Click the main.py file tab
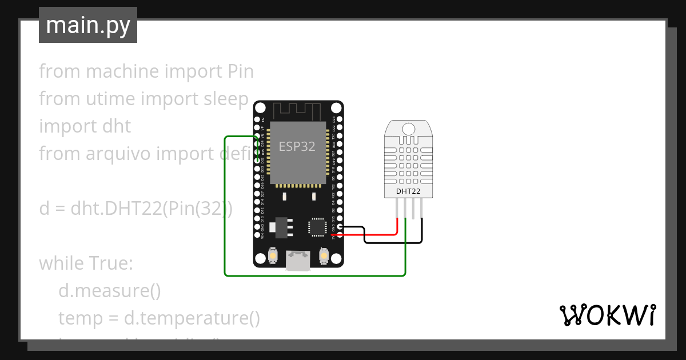87,25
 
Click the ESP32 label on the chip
297,146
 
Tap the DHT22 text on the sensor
408,191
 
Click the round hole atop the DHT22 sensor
408,128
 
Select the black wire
394,242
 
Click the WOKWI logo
607,315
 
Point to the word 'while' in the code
61,263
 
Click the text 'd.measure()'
109,291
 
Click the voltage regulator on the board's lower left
280,226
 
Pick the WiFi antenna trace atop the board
297,110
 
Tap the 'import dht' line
85,126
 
